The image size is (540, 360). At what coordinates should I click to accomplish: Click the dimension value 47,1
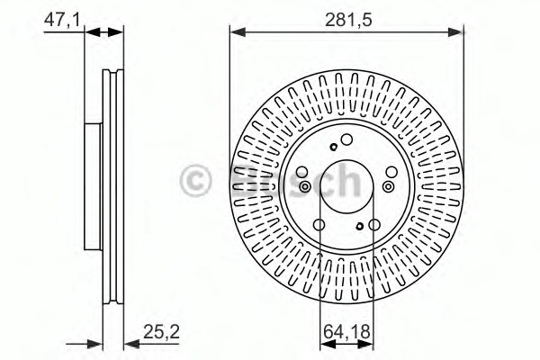pos(62,20)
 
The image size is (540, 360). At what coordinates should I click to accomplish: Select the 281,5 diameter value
pos(348,20)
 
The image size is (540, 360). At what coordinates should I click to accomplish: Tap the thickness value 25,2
pos(161,332)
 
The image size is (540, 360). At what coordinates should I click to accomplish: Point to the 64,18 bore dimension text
pos(346,332)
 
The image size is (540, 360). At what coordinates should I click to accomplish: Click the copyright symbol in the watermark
pos(194,181)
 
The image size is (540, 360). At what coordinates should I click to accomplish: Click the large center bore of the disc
pos(346,186)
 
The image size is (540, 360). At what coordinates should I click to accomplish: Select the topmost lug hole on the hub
pos(346,139)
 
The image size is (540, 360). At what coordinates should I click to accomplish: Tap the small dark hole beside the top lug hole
pos(333,147)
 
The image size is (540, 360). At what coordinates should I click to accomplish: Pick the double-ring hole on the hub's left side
pos(305,187)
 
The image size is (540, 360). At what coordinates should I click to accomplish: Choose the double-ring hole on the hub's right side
pos(388,186)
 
